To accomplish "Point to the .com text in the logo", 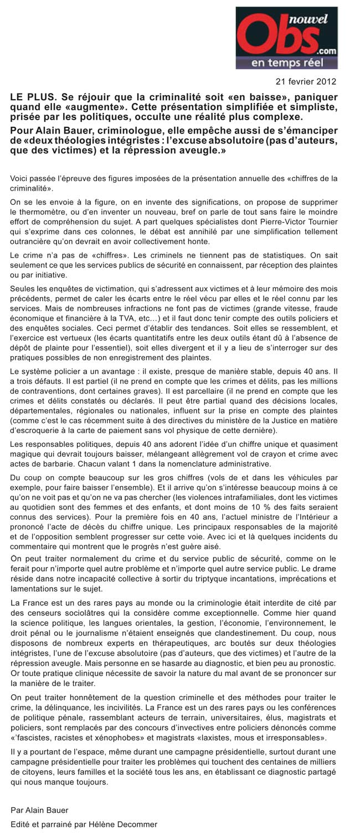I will pos(327,49).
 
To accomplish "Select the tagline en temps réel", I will pos(287,63).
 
